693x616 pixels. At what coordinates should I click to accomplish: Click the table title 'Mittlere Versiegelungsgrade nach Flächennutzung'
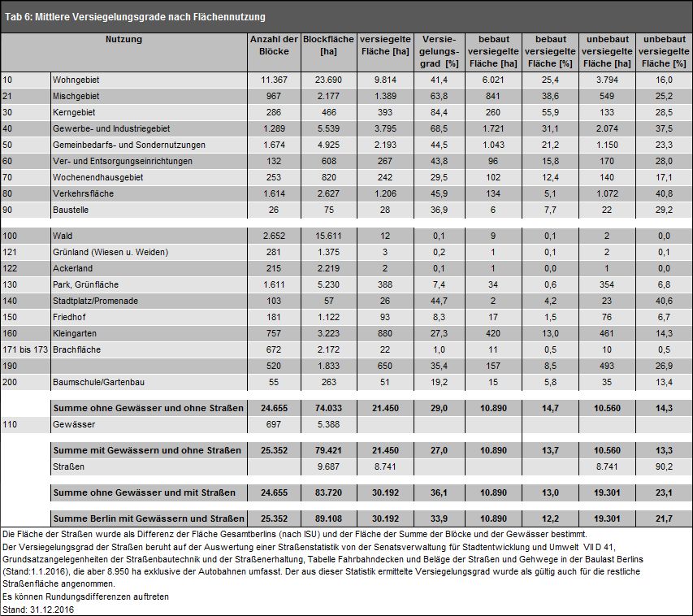pos(150,17)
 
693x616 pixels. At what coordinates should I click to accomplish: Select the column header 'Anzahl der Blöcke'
pos(274,46)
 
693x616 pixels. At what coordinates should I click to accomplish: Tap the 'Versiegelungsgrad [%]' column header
pos(440,51)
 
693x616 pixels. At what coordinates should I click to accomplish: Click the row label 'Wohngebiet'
pos(76,80)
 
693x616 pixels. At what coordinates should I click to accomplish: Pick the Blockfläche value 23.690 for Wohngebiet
pos(329,80)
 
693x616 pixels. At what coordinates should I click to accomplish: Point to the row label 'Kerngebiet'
pos(74,112)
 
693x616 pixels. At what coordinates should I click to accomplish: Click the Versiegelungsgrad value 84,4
pos(439,112)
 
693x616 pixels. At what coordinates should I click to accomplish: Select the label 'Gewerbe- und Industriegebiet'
pos(111,128)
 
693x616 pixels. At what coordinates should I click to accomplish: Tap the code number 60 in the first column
pos(7,161)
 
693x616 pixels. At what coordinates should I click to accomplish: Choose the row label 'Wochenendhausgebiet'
pos(97,177)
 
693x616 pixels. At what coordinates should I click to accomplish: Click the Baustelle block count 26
pos(274,210)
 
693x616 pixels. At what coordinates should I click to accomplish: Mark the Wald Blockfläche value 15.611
pos(328,236)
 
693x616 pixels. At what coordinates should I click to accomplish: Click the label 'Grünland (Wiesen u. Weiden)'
pos(110,252)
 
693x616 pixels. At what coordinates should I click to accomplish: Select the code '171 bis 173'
pos(25,349)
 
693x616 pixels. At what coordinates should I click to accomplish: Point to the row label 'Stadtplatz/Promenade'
pos(96,301)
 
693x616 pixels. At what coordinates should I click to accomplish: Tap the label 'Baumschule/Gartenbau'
pos(98,382)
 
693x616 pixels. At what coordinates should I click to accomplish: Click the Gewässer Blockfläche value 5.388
pos(328,424)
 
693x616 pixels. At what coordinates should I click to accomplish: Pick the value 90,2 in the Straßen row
pos(664,466)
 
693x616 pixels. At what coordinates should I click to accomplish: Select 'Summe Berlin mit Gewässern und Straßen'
pos(149,518)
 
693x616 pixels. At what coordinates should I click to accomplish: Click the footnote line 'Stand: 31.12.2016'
pos(38,609)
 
